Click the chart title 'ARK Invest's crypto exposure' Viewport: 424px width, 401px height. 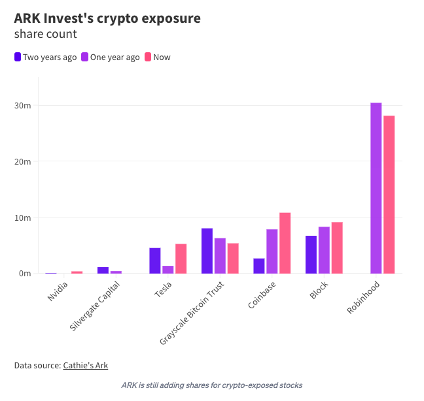pos(107,18)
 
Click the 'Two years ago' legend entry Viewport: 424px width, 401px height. pos(45,57)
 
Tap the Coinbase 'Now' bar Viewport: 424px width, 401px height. pos(285,243)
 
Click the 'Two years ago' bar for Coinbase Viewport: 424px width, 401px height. pos(259,266)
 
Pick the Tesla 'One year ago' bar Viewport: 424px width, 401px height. pos(168,269)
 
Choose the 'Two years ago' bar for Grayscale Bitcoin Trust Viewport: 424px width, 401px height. pos(207,251)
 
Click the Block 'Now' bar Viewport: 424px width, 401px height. pos(337,248)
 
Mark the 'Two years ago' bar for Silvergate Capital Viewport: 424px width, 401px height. pos(103,270)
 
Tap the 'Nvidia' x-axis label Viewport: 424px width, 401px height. pos(58,291)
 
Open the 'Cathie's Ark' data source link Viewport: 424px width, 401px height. pos(85,366)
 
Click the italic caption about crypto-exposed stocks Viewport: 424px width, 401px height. pos(212,385)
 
